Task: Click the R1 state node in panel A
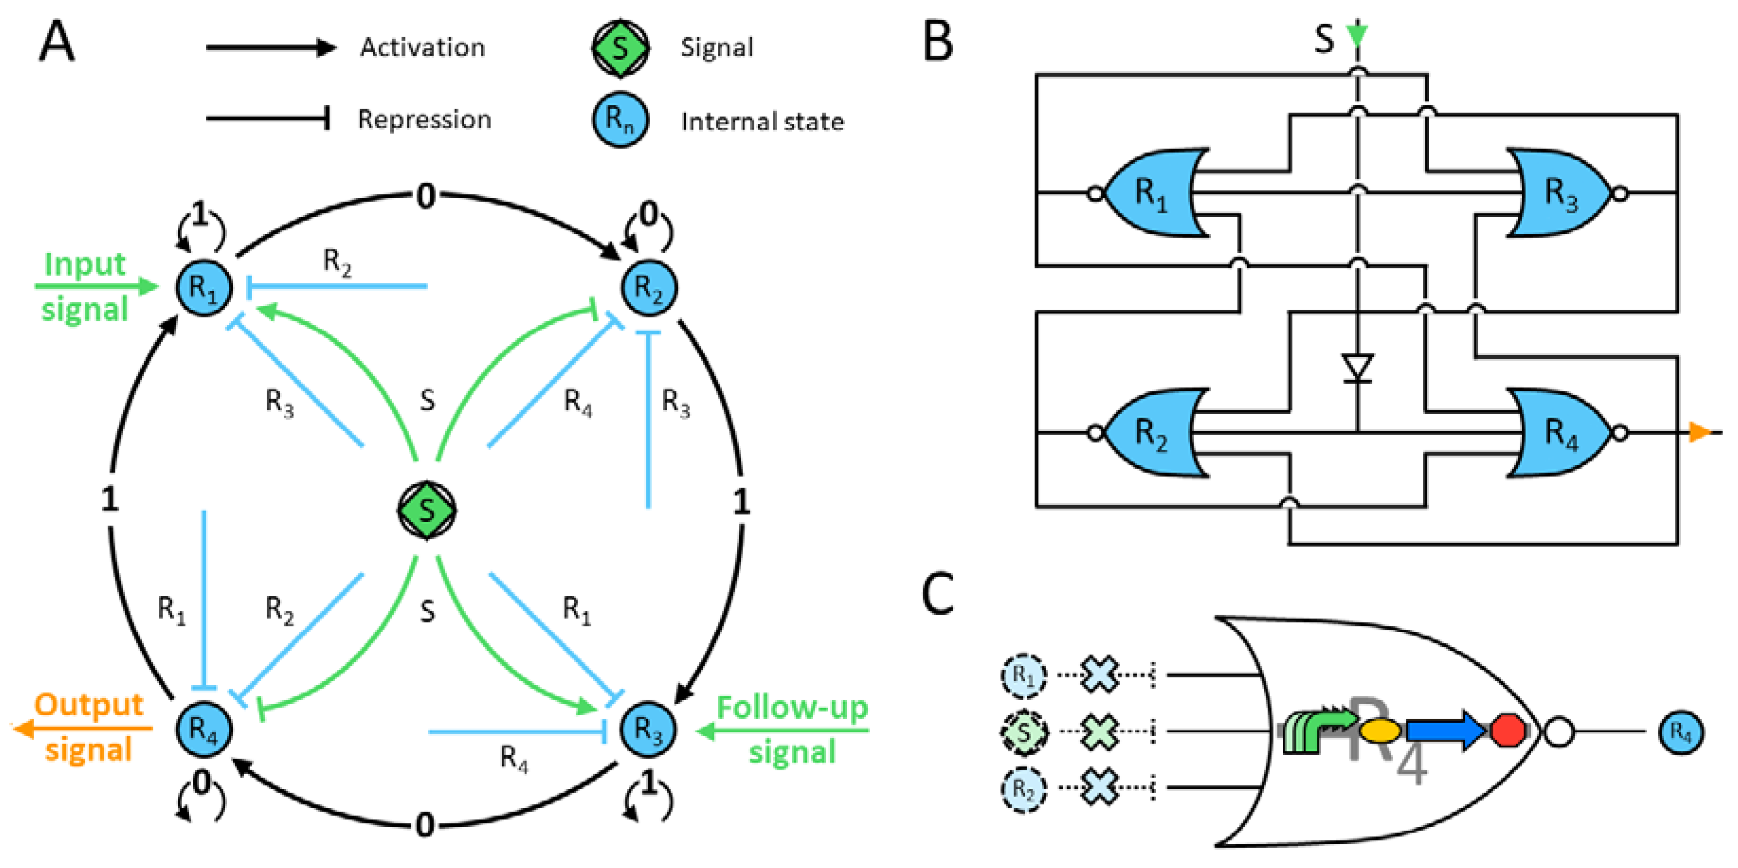coord(204,287)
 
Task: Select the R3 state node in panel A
coord(648,729)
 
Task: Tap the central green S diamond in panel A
coord(426,510)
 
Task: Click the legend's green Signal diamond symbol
coord(620,48)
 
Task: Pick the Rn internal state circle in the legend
coord(620,120)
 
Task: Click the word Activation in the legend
coord(423,47)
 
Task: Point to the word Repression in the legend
coord(424,120)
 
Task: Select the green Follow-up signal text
coord(792,729)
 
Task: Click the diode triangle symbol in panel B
coord(1358,368)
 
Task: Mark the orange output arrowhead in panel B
coord(1699,432)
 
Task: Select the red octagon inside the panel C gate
coord(1507,731)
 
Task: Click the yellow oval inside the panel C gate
coord(1380,730)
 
